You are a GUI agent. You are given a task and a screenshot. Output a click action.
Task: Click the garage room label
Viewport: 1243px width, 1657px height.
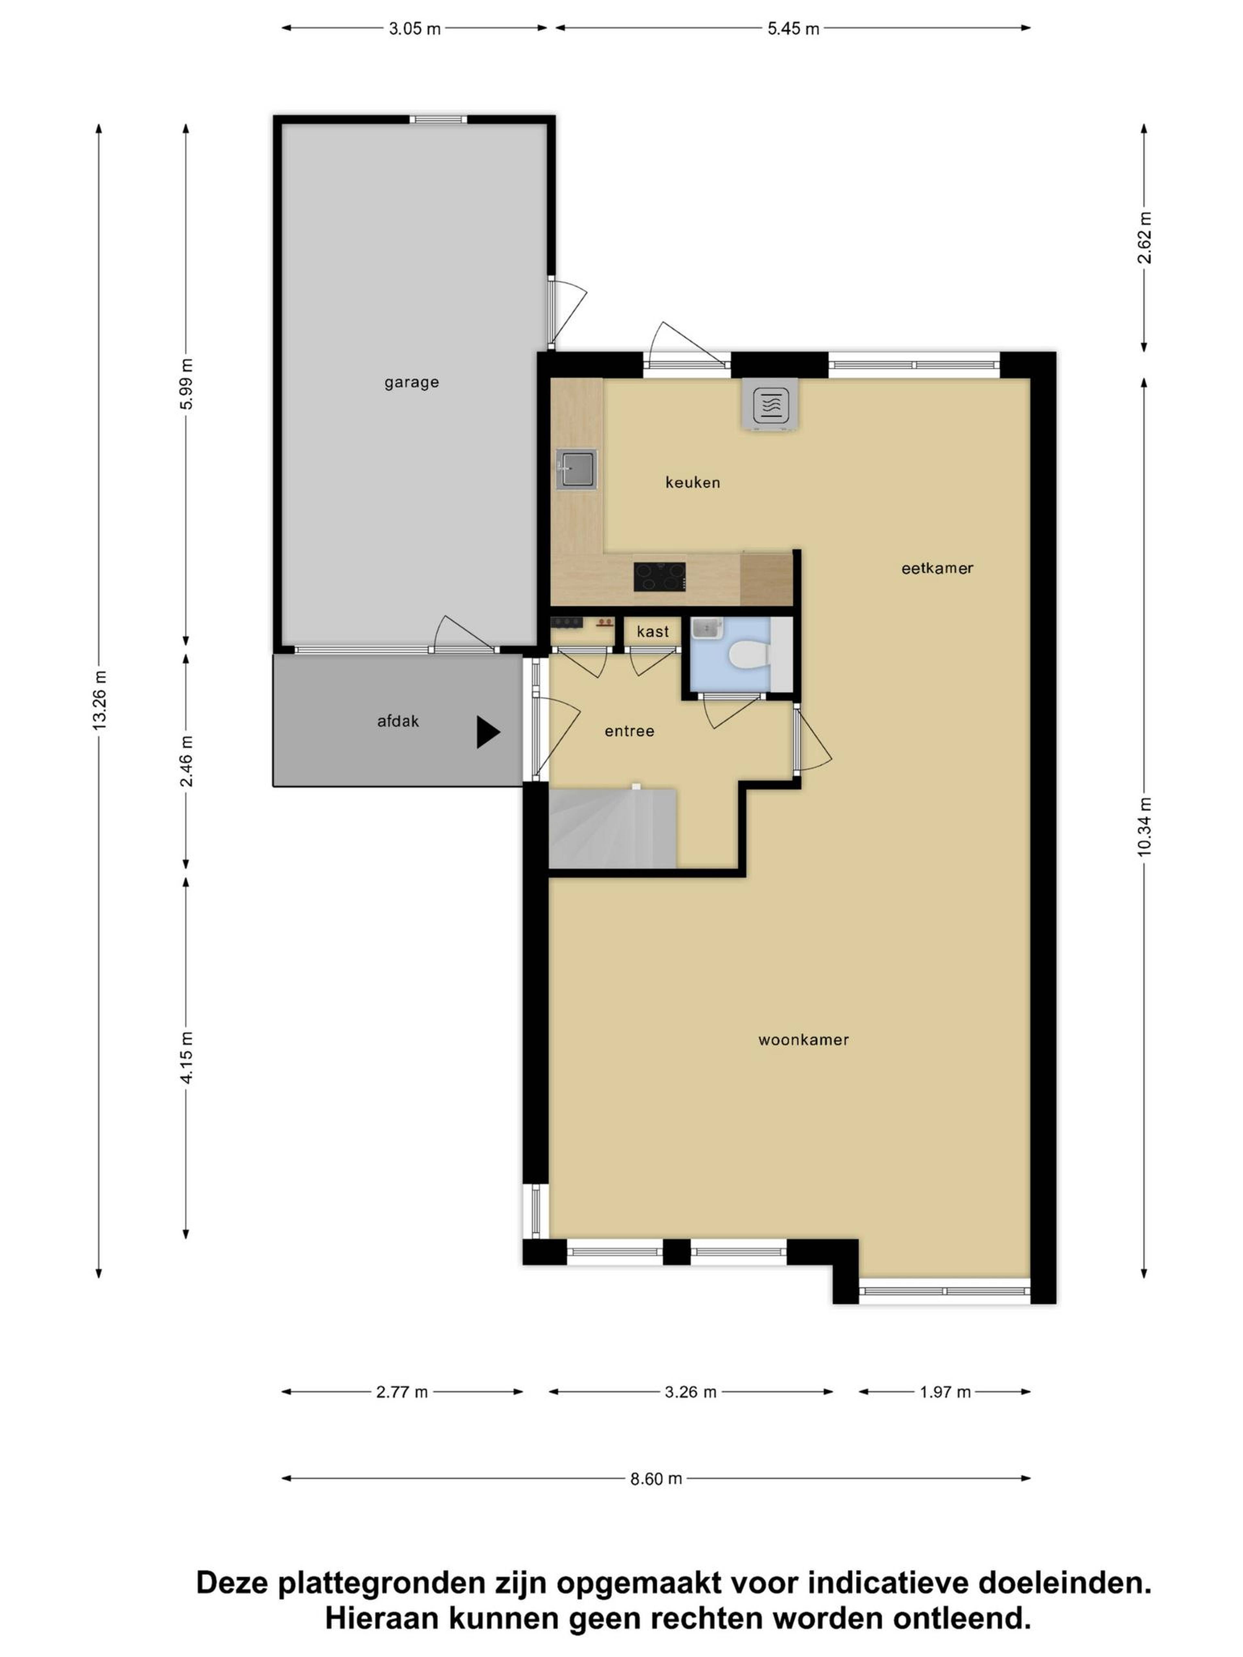411,383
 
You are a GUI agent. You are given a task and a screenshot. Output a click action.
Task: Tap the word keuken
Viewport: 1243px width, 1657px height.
692,483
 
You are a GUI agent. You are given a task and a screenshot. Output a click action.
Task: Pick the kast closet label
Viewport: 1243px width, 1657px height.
653,631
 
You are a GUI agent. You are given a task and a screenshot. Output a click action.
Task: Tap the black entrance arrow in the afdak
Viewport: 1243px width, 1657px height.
488,732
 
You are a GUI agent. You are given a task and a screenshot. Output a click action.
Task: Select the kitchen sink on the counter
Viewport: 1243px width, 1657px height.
576,470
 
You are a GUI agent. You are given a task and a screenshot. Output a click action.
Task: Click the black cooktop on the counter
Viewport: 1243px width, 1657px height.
659,577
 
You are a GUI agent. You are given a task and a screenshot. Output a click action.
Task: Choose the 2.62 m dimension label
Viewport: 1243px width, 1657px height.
1144,238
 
